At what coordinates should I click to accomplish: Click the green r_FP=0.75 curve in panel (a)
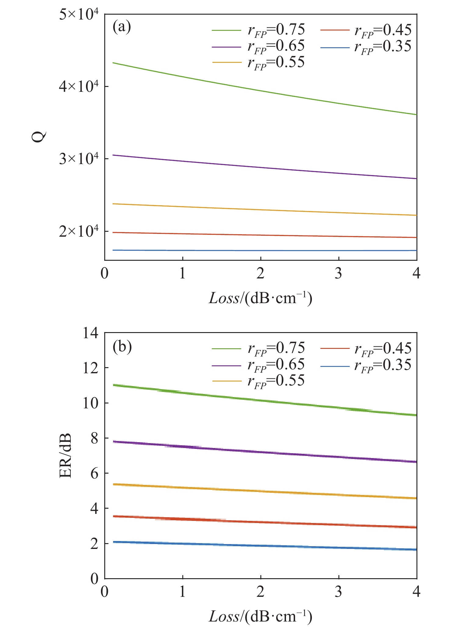[x=261, y=90]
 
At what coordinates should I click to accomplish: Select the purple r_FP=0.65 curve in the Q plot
[x=261, y=167]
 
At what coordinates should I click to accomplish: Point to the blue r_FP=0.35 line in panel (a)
[x=261, y=250]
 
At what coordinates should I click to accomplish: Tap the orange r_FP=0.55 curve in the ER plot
[x=261, y=491]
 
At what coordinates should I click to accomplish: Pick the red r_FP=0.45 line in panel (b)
[x=261, y=522]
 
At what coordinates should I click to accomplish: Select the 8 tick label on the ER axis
[x=95, y=438]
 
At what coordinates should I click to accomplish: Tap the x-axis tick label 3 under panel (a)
[x=339, y=274]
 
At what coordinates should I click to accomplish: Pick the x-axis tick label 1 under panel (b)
[x=183, y=592]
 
